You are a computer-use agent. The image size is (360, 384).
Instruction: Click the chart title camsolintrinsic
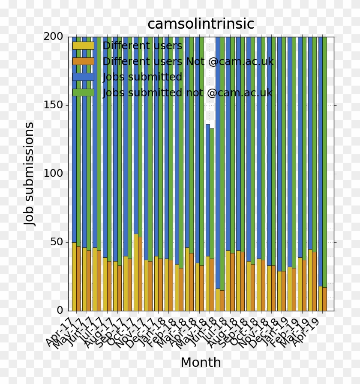pyautogui.click(x=201, y=24)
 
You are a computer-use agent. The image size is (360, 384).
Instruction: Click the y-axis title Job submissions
pyautogui.click(x=29, y=173)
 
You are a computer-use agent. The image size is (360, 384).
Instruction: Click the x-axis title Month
pyautogui.click(x=201, y=362)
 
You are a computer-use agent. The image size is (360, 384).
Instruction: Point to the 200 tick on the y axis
pyautogui.click(x=54, y=37)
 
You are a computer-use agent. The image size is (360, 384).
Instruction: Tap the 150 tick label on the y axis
pyautogui.click(x=54, y=105)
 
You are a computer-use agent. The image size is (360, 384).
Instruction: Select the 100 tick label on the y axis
pyautogui.click(x=54, y=174)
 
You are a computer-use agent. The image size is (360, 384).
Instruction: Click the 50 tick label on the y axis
pyautogui.click(x=57, y=242)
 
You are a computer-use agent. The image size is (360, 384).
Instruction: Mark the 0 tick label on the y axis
pyautogui.click(x=60, y=310)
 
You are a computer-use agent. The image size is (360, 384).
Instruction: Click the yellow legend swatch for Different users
pyautogui.click(x=83, y=46)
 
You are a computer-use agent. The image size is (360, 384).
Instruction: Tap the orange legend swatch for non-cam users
pyautogui.click(x=83, y=61)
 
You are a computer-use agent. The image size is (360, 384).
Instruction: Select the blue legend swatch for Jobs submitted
pyautogui.click(x=83, y=77)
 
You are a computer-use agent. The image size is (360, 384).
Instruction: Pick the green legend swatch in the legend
pyautogui.click(x=83, y=92)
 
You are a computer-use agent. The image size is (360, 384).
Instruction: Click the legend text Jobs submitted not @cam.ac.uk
pyautogui.click(x=187, y=92)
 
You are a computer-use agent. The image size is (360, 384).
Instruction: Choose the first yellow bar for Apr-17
pyautogui.click(x=74, y=276)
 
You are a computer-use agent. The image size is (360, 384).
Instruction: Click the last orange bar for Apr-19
pyautogui.click(x=325, y=299)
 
